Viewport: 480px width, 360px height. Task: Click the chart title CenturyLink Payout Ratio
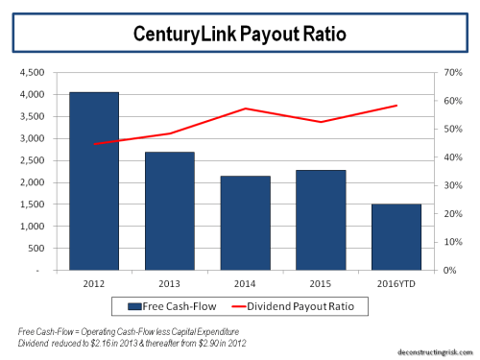239,34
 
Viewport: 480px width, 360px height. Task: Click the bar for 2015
320,220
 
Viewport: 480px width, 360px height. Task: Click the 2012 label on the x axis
94,283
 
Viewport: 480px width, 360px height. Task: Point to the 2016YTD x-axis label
395,283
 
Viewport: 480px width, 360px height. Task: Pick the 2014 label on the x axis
244,283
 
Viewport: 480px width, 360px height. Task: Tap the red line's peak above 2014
246,108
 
